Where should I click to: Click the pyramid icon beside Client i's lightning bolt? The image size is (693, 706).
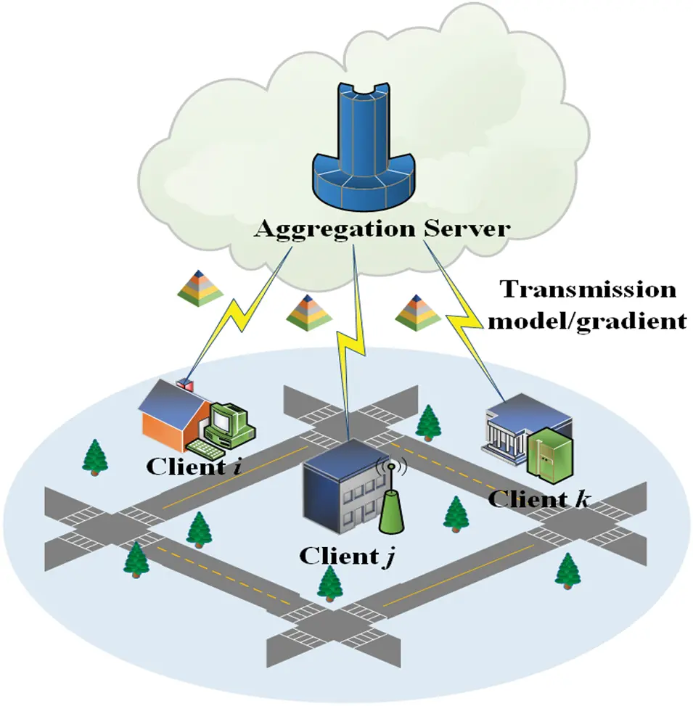(x=200, y=286)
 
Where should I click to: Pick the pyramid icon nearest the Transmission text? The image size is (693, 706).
(x=417, y=311)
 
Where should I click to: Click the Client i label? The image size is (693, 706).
(x=194, y=465)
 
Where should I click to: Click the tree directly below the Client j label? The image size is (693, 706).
(x=331, y=584)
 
